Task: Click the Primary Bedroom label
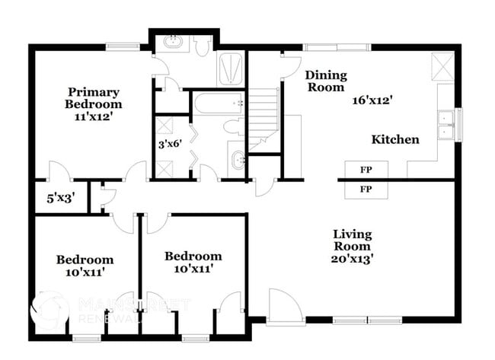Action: tap(93, 97)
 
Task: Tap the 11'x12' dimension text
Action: tap(93, 117)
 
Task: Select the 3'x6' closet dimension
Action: tap(170, 144)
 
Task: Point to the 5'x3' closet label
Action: tap(61, 199)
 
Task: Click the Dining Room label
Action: tap(326, 81)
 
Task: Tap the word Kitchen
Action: tap(394, 139)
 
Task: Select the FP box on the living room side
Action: tap(366, 189)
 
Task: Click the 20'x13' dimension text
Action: tap(352, 258)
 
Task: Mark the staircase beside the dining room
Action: tap(264, 114)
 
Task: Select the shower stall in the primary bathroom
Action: tap(231, 68)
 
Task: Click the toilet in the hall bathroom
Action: tap(236, 127)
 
